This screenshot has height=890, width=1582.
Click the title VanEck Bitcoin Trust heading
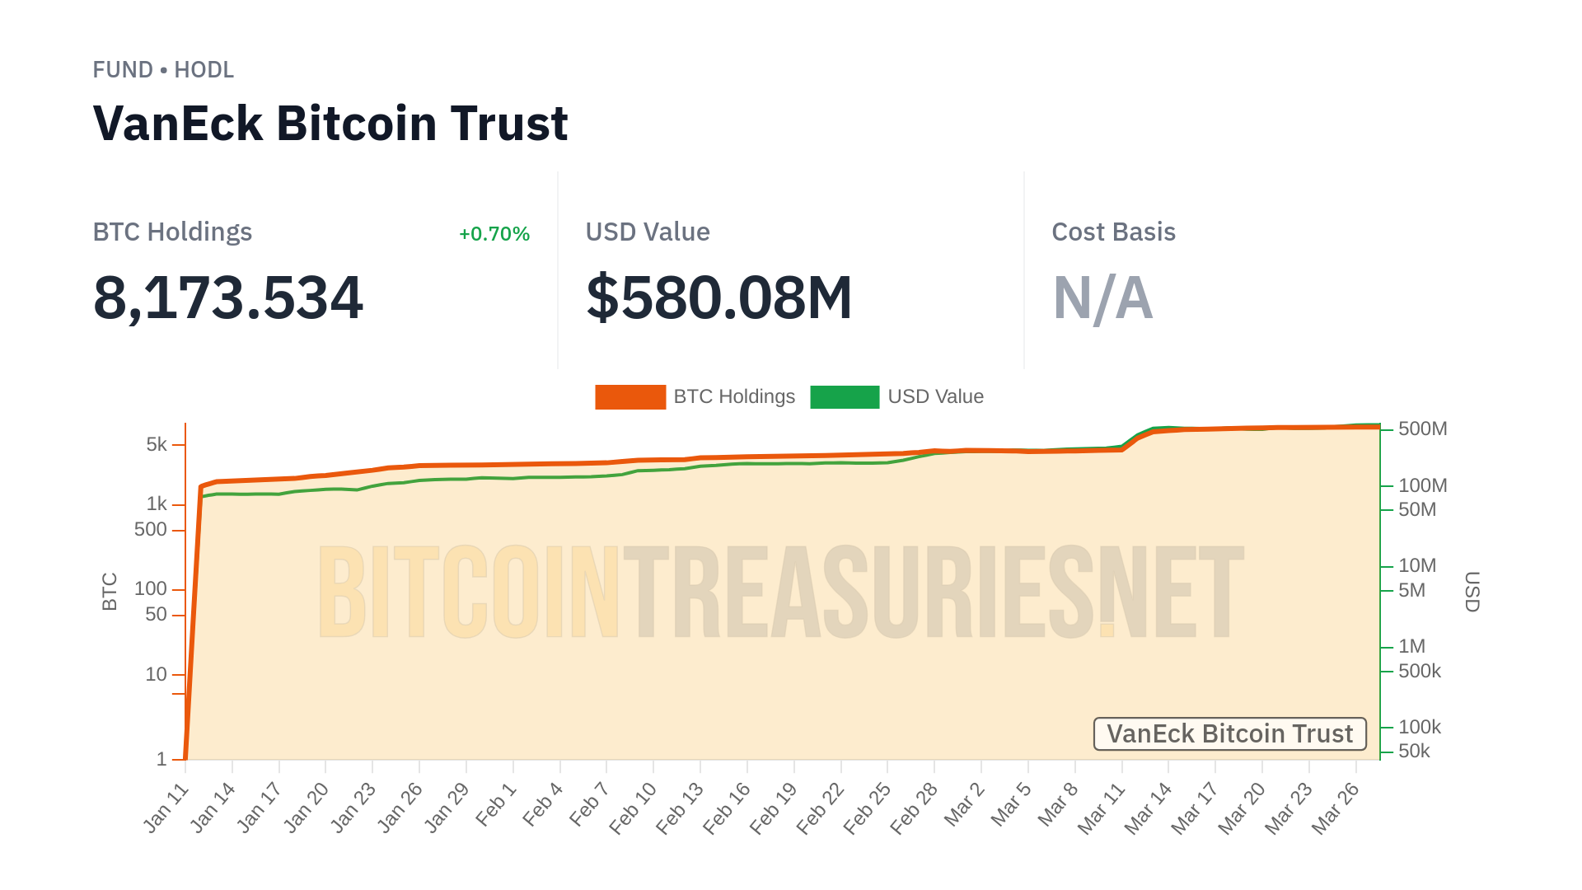coord(330,124)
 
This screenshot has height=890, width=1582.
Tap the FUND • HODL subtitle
coord(163,70)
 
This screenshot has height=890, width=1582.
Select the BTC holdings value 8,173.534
coord(228,297)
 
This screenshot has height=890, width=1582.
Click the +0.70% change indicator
coord(494,234)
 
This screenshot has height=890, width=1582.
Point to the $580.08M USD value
coord(718,297)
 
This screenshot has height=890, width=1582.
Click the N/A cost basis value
coord(1102,297)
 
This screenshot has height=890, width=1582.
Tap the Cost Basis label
coord(1113,232)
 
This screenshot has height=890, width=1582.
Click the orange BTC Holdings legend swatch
coord(630,397)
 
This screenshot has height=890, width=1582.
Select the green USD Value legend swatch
coord(845,397)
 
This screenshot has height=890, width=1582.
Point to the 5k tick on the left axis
coord(157,445)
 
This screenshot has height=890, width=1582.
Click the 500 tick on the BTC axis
coord(151,530)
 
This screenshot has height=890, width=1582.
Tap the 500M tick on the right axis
coord(1422,429)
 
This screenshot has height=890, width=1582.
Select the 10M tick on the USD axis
coord(1416,566)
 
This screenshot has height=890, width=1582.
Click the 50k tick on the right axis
coord(1414,752)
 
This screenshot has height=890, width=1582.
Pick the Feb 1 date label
coord(497,805)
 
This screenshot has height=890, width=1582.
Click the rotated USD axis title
coord(1472,592)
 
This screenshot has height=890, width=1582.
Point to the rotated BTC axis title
coord(110,592)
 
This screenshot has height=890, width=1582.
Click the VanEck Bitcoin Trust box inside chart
coord(1229,733)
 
